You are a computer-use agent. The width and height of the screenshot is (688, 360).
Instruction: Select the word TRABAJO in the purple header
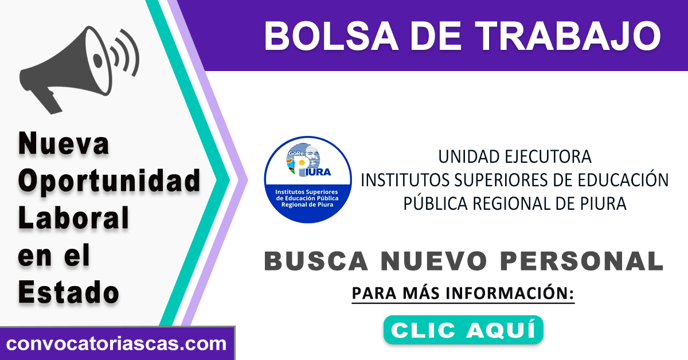tap(568, 36)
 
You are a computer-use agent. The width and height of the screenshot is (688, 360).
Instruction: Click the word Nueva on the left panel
tap(64, 143)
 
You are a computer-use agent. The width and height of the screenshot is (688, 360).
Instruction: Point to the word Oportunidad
tap(109, 181)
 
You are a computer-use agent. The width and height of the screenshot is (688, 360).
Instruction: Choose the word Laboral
tap(73, 217)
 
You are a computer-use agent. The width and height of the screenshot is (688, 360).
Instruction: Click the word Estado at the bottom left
tap(68, 292)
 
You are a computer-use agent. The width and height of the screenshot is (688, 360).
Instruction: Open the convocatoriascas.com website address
tap(116, 344)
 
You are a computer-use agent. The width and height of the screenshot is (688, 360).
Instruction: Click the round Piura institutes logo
tap(308, 179)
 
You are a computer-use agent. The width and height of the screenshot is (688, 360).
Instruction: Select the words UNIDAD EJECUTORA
tap(515, 156)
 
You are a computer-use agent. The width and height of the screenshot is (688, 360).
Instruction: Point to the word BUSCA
tap(316, 261)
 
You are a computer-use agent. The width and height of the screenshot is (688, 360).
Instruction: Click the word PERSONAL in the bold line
tap(582, 261)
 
